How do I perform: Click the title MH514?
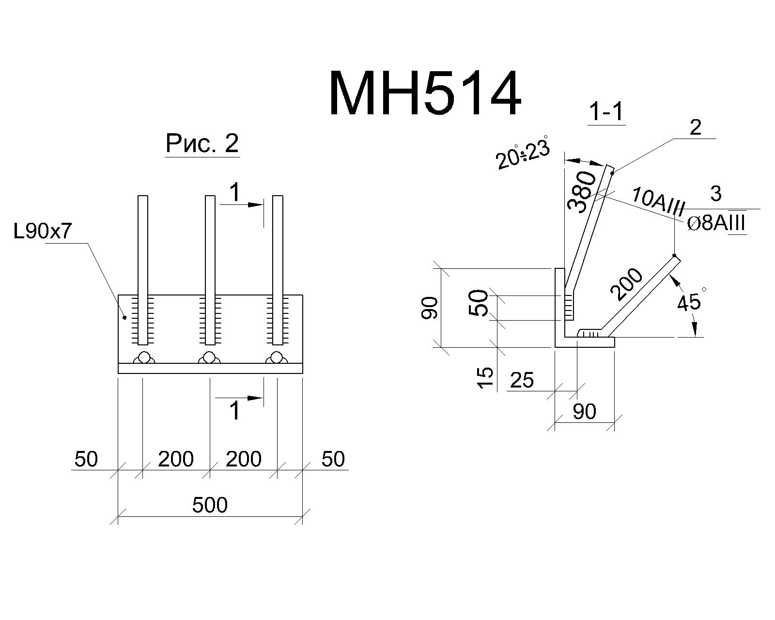point(425,93)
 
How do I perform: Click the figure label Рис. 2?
point(202,143)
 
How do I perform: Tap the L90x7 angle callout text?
point(43,231)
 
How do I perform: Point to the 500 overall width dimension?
point(210,505)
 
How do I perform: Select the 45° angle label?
point(691,300)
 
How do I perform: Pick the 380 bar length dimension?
point(581,192)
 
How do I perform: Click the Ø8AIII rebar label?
point(716,223)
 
